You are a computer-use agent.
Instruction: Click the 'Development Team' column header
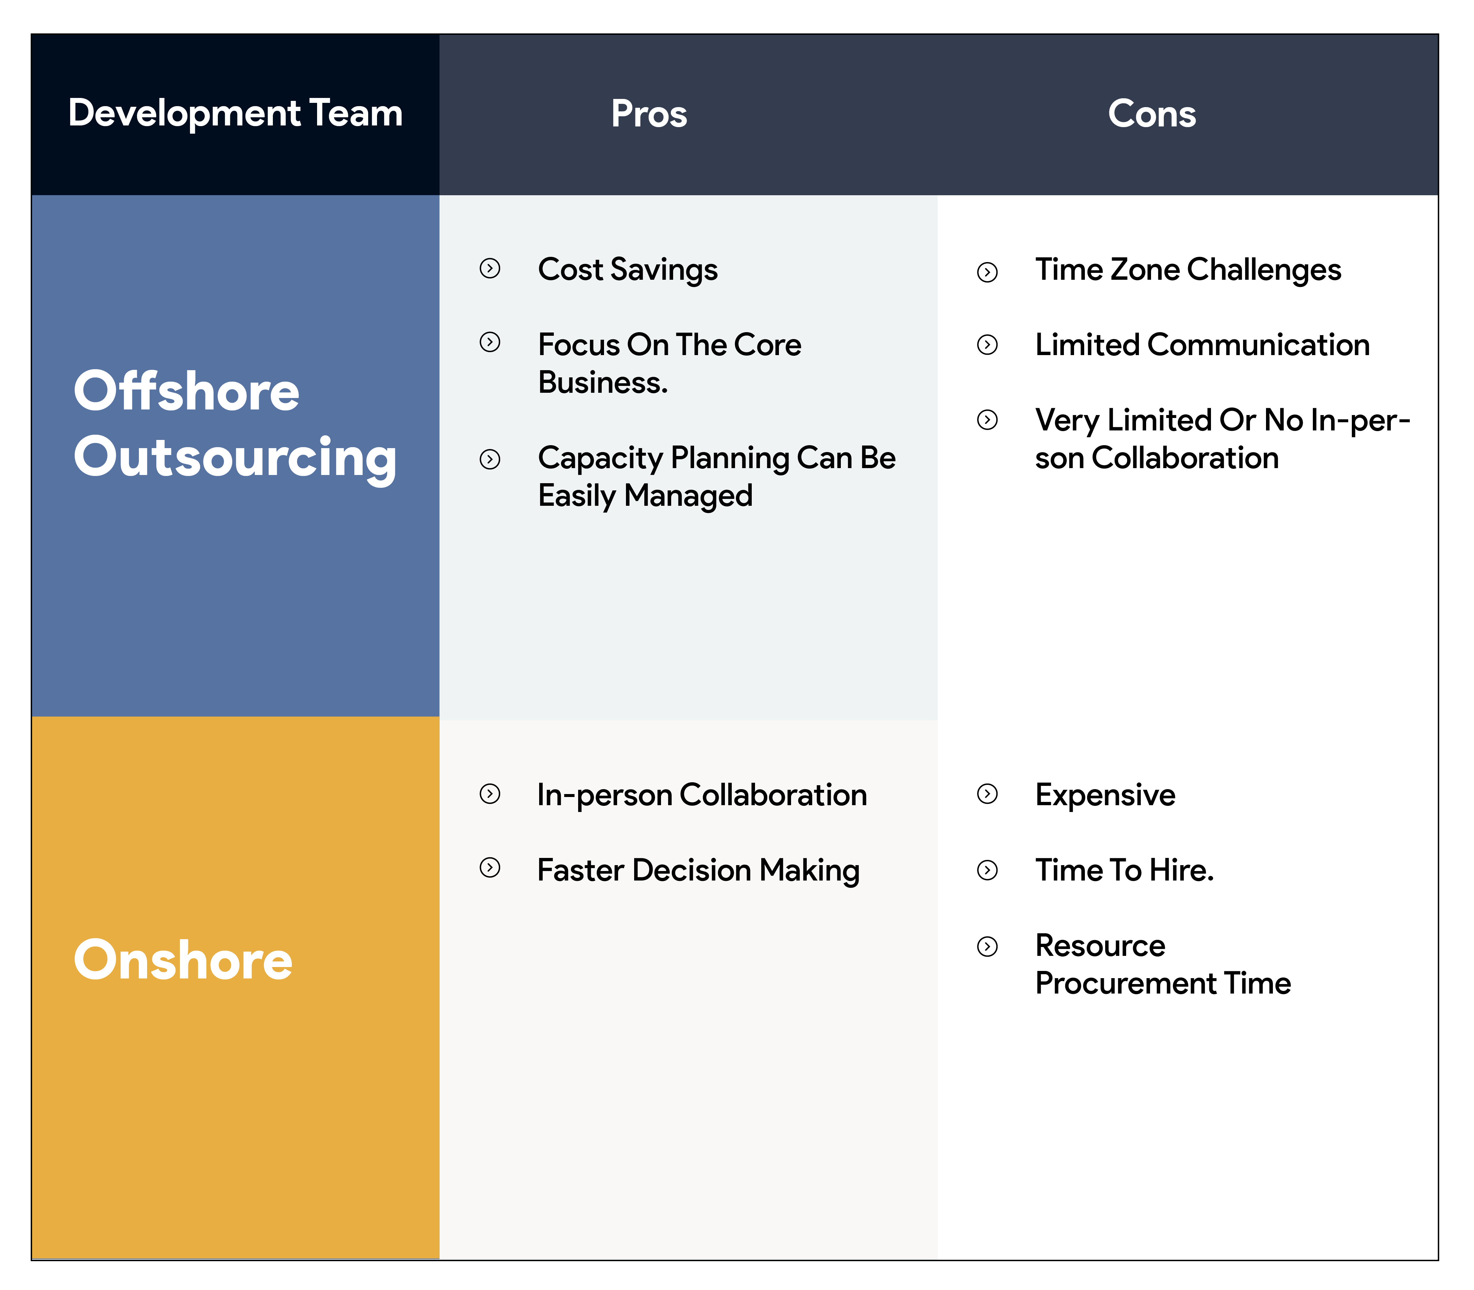pos(236,114)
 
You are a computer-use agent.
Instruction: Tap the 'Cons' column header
pos(1152,114)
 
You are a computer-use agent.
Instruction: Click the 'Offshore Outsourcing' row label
pos(236,425)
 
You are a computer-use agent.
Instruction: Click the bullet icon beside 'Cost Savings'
pos(490,269)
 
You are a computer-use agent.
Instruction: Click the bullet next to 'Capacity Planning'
pos(490,459)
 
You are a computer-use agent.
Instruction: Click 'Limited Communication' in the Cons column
pos(1202,345)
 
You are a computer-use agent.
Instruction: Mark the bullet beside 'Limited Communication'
pos(988,345)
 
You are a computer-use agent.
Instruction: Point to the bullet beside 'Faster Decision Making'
pos(490,867)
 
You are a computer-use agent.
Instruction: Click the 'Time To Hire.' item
pos(1124,870)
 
